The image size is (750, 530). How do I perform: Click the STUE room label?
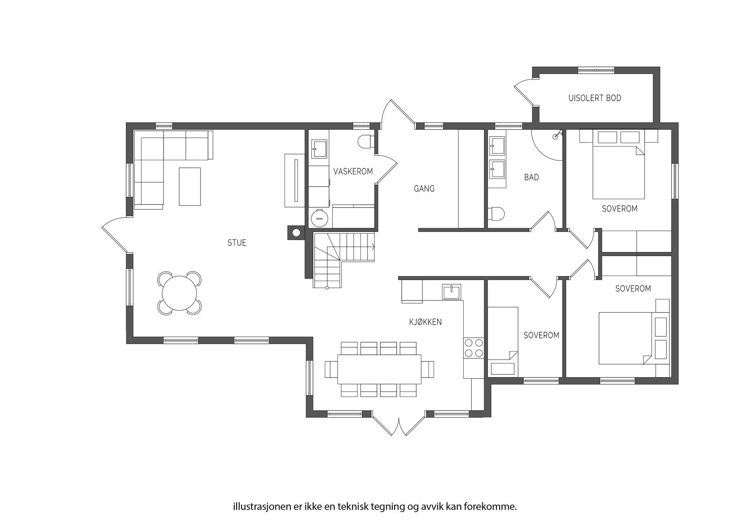point(237,243)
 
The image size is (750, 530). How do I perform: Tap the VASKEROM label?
point(353,172)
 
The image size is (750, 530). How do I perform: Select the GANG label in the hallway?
point(424,189)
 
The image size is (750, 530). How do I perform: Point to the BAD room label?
point(532,177)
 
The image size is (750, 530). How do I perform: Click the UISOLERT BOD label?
point(595,98)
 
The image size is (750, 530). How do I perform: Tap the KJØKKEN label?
point(425,322)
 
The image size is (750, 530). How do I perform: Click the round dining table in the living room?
point(180,293)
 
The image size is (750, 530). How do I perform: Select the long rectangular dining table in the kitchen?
point(379,369)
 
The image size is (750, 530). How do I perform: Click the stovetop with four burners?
point(474,348)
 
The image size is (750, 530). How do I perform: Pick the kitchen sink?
point(451,292)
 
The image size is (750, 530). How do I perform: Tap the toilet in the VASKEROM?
point(366,142)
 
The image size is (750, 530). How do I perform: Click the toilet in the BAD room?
point(496,213)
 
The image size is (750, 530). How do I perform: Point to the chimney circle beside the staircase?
point(296,233)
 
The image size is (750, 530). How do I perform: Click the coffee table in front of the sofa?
point(190,187)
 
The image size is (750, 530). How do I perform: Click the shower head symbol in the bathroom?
point(557,135)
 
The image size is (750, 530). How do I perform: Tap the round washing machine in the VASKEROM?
point(319,218)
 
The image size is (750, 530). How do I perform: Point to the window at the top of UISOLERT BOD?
point(596,70)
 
